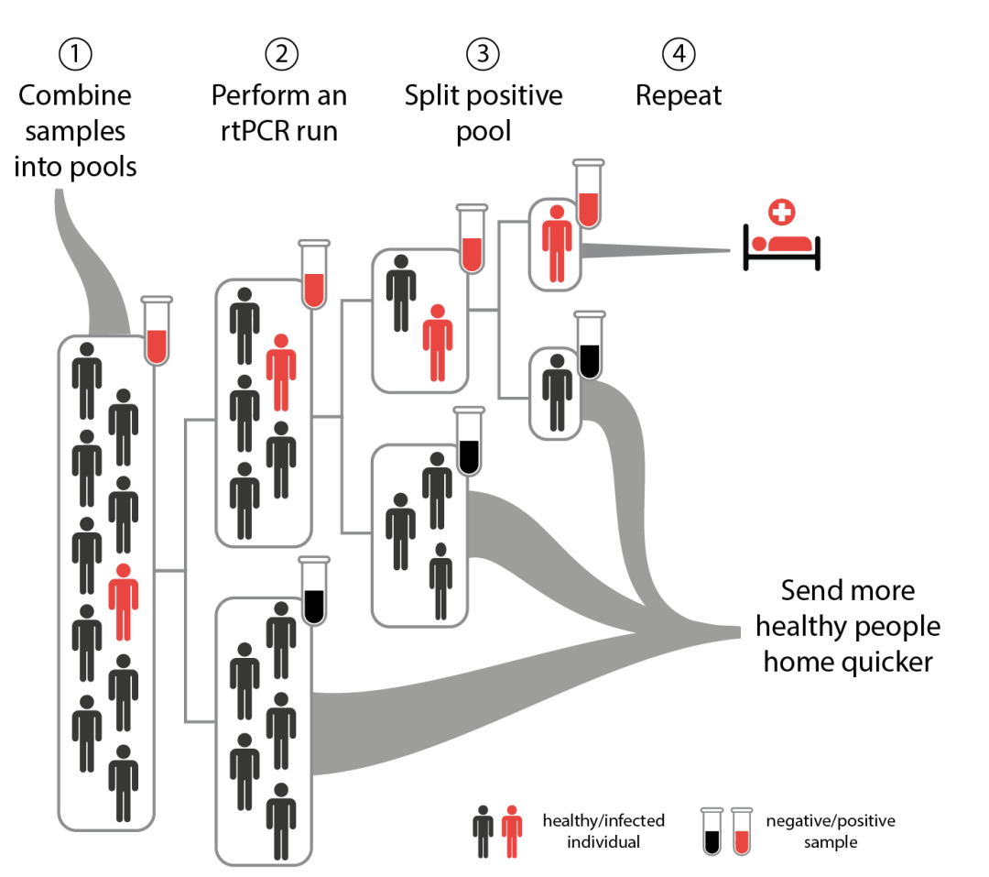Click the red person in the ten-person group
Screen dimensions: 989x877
point(124,601)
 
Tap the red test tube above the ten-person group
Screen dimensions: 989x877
point(157,332)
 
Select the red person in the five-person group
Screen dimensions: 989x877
point(281,371)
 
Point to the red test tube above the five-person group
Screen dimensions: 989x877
point(314,275)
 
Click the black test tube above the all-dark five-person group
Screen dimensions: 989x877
point(314,591)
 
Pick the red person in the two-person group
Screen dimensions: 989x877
point(438,342)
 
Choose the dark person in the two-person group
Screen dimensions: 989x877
point(401,292)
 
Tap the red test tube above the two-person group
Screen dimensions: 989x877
point(472,239)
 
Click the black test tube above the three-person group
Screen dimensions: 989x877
point(469,442)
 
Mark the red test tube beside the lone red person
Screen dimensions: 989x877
point(589,194)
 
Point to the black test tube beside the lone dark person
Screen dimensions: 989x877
point(590,345)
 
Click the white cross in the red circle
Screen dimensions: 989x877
point(781,212)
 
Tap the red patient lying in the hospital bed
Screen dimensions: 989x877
point(783,244)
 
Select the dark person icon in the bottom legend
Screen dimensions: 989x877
point(483,831)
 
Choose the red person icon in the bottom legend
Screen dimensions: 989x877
point(512,831)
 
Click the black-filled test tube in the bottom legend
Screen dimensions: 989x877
point(712,832)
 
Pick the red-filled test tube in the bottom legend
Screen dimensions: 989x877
point(742,832)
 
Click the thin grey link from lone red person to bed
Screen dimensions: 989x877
point(655,249)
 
